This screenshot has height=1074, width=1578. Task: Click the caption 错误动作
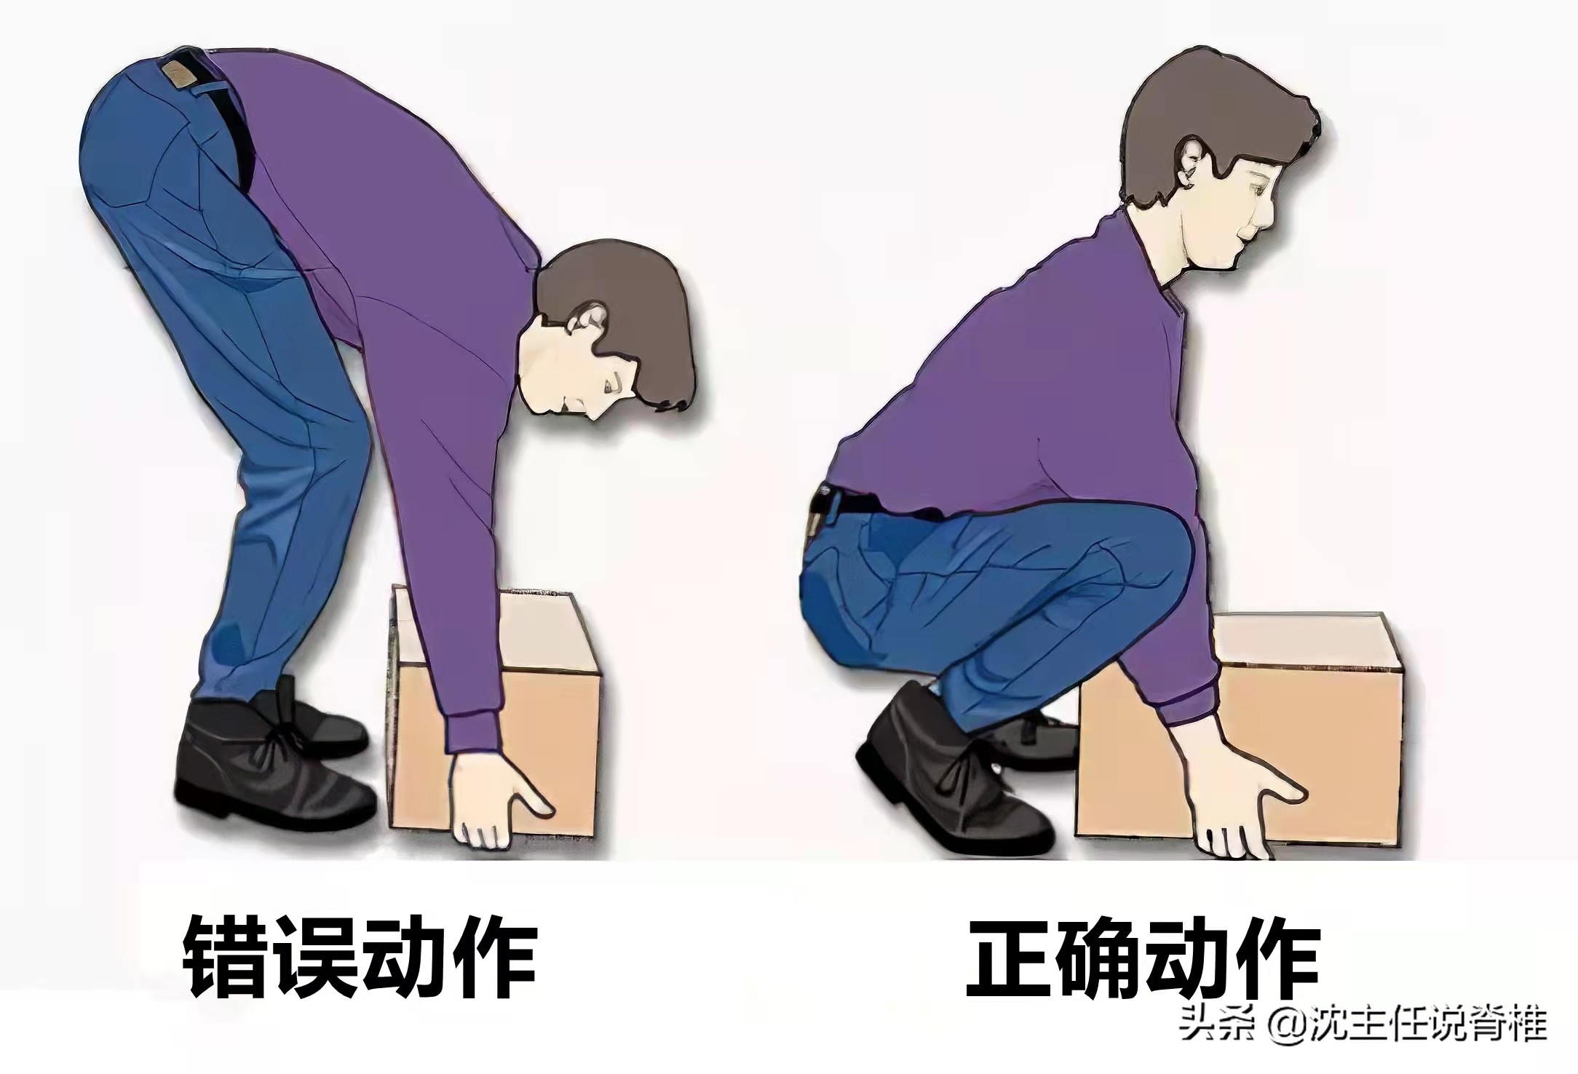click(x=360, y=955)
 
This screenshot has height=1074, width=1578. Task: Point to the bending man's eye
click(x=610, y=383)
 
